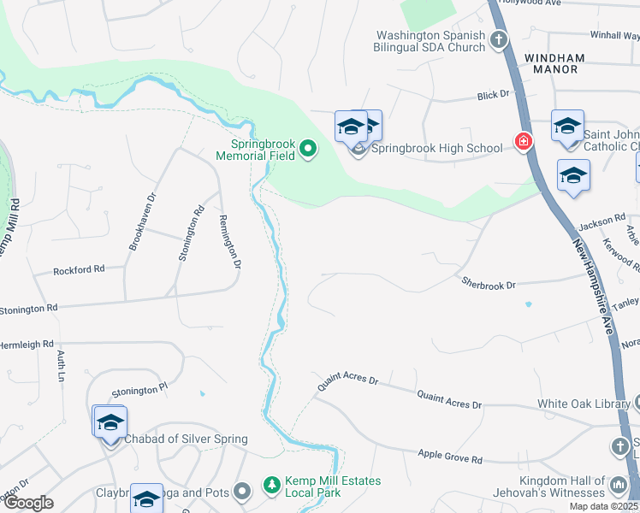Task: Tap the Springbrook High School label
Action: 436,148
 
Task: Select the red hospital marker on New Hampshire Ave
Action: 522,141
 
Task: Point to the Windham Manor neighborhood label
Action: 554,63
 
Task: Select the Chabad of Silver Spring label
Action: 187,439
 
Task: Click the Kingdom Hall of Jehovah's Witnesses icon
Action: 619,486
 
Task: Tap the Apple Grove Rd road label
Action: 450,457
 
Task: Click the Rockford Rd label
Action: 79,269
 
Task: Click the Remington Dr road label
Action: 231,240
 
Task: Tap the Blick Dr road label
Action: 494,95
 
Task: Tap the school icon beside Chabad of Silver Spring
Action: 110,423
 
